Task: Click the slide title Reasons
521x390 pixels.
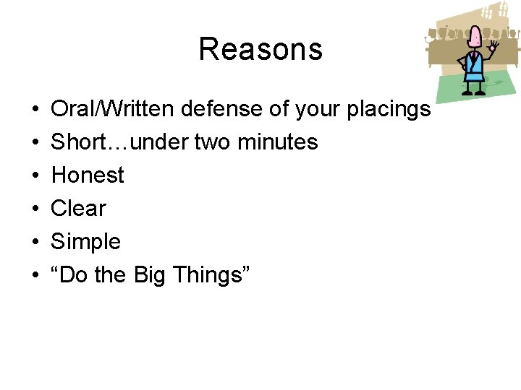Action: [x=260, y=49]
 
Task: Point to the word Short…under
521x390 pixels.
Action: [x=119, y=142]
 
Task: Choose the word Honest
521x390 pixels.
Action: [x=88, y=175]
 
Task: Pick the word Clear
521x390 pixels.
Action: [x=78, y=209]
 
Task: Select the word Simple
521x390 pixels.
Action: [x=85, y=242]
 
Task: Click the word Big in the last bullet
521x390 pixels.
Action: [x=150, y=275]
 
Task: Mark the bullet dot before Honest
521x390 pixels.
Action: [x=35, y=175]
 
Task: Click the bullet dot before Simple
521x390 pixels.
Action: [x=35, y=242]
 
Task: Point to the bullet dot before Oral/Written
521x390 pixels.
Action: [x=35, y=109]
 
